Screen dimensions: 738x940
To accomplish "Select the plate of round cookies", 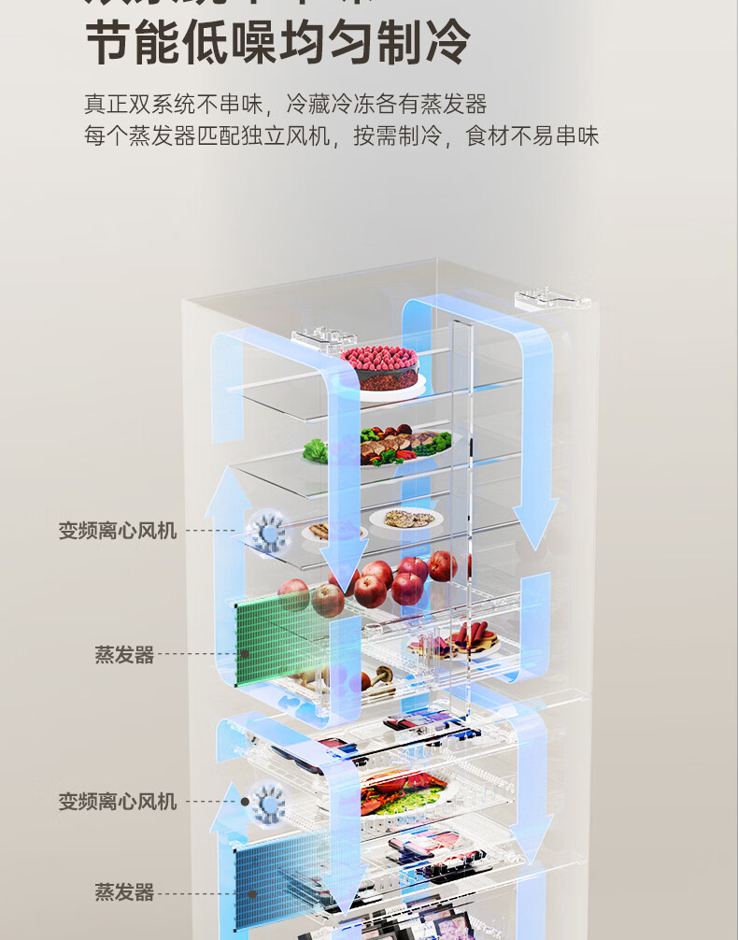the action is coord(404,520).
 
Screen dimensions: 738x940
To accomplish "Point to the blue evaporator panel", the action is coord(280,874).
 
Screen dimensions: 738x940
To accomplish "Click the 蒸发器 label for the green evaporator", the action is coord(123,655).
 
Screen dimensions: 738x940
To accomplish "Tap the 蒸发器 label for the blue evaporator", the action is coord(123,892).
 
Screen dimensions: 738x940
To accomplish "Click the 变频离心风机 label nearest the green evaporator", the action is coord(118,532).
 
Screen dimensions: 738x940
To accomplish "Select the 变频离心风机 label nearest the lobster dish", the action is coord(118,802).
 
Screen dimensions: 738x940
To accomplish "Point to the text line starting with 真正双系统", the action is coord(285,103).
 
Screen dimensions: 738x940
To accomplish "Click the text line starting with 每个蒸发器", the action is coord(341,136).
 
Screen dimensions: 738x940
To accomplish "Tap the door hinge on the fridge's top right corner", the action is coord(551,301).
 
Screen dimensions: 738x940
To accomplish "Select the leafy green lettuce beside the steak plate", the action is coord(316,450).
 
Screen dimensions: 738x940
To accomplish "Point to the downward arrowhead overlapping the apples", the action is coord(346,580).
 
